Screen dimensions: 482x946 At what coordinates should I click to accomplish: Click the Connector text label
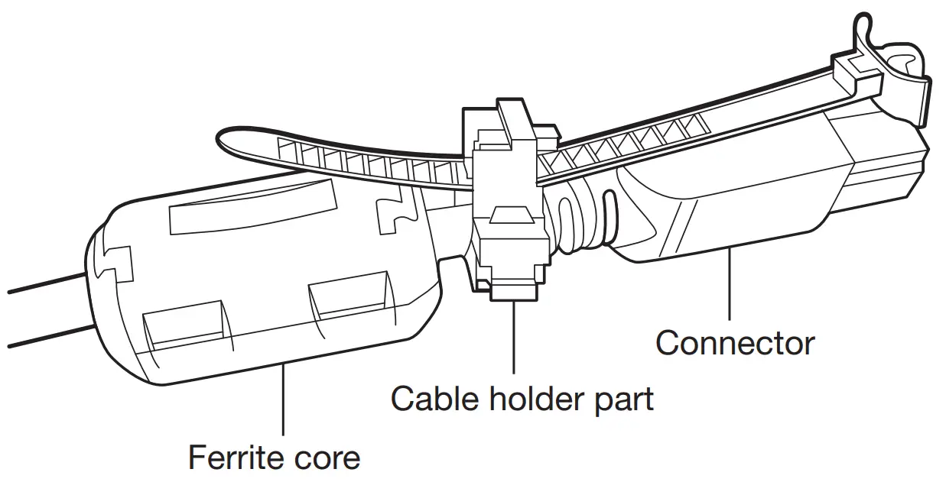pyautogui.click(x=735, y=342)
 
